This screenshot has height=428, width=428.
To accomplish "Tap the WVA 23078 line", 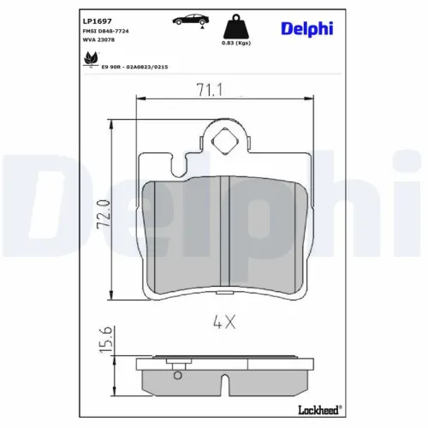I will point(99,40).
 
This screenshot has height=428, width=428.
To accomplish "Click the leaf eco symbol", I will point(88,57).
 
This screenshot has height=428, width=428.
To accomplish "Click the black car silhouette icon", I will point(190,19).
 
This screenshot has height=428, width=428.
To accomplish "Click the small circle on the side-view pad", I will point(177,372).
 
